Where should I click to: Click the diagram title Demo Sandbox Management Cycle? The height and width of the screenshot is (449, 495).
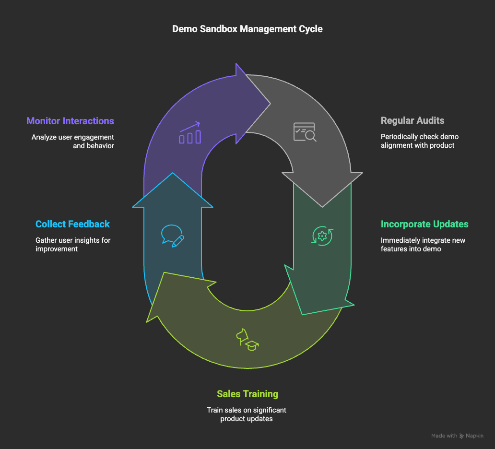coord(247,29)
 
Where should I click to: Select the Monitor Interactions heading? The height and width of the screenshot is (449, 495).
coord(70,121)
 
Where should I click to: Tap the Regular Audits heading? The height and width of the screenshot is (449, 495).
coord(412,121)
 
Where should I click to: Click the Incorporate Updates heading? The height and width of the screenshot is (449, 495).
coord(424,224)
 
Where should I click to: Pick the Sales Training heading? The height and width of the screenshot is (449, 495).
coord(247,394)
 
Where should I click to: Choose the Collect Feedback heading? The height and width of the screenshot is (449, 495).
coord(72,224)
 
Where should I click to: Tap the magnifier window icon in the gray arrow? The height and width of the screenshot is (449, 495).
coord(305,132)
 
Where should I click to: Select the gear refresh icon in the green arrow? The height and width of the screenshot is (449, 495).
coord(322,236)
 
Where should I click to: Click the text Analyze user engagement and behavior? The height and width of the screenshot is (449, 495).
coord(73,141)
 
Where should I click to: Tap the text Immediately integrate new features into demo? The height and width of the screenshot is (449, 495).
coord(423,244)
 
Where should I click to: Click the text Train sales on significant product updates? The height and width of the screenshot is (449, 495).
coord(247,414)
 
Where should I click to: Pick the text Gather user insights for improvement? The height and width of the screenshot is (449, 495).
coord(73,244)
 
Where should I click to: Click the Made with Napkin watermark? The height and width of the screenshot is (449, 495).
coord(457,436)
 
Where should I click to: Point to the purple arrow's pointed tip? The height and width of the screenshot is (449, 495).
coord(269,103)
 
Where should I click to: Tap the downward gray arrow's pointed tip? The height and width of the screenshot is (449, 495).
coord(322,206)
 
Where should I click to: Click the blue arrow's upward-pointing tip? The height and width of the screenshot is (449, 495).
coord(173,174)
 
